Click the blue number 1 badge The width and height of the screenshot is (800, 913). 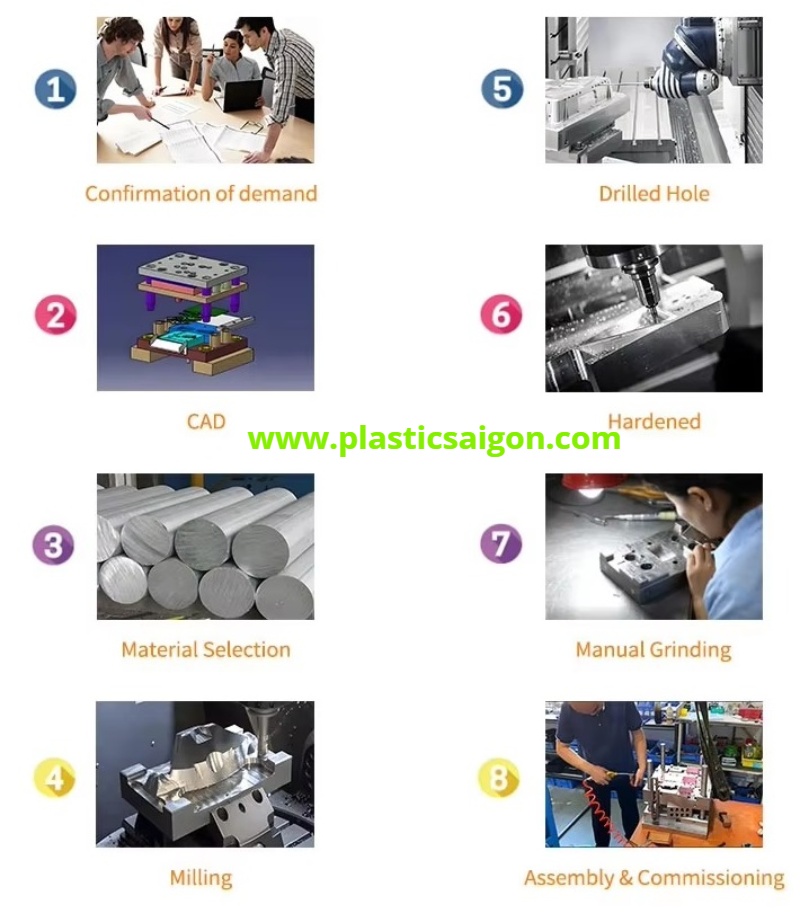(55, 89)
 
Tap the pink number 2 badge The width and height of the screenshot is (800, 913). (55, 315)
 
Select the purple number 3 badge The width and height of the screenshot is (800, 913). (54, 544)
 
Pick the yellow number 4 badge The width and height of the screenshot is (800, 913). (55, 777)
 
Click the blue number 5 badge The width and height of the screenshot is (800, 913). (502, 89)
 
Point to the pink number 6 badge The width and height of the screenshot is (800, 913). (501, 314)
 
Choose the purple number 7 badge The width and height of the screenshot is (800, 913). (501, 543)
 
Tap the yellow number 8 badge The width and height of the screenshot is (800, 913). (498, 778)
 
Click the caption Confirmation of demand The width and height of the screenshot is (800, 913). (201, 194)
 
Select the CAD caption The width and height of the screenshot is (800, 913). (206, 422)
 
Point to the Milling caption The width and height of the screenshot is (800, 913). (201, 878)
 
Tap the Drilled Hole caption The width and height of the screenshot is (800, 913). (654, 194)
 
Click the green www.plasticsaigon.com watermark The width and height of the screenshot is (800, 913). (434, 439)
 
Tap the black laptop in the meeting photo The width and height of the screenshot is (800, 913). (243, 95)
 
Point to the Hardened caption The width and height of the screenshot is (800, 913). (654, 422)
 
